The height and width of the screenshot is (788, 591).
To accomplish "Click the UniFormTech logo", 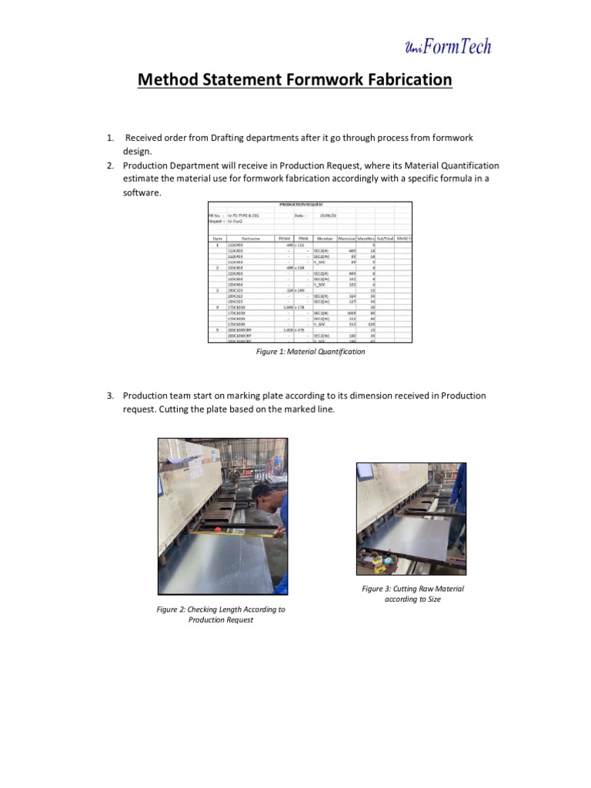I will click(x=447, y=47).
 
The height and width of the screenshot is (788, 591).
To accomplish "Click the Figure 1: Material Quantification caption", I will click(x=311, y=352).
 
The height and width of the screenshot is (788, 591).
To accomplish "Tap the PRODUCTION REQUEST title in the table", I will click(x=309, y=205).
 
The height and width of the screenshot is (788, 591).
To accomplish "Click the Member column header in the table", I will click(x=325, y=239).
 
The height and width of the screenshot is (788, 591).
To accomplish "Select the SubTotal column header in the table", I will click(x=385, y=239).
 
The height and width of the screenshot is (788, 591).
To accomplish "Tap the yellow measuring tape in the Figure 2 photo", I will click(x=223, y=531).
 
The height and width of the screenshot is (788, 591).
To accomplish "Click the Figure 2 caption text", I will click(x=221, y=614).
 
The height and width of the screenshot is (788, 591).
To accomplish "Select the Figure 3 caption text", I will click(x=412, y=593).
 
